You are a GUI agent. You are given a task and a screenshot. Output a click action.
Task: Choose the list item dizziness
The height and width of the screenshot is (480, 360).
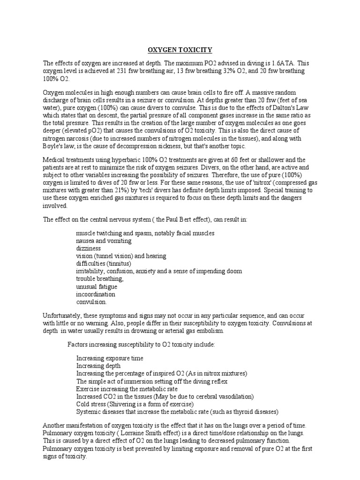pyautogui.click(x=89, y=248)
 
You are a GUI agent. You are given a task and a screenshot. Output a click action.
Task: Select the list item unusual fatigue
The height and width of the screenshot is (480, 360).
pyautogui.click(x=97, y=286)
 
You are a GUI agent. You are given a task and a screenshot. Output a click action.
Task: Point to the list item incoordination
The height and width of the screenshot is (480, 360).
pyautogui.click(x=96, y=294)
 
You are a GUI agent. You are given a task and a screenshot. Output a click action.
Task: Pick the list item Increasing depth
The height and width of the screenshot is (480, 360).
pyautogui.click(x=98, y=365)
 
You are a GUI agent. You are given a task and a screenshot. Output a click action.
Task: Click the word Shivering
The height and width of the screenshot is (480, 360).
pyautogui.click(x=123, y=404)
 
